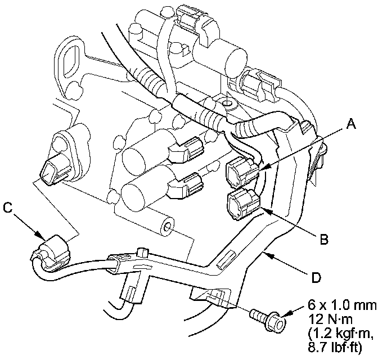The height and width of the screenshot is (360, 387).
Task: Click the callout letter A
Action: pos(351,123)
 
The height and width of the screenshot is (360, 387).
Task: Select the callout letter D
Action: pos(316,277)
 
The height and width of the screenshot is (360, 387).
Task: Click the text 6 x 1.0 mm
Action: pos(342,305)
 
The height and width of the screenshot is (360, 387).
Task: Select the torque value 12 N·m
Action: pos(330,319)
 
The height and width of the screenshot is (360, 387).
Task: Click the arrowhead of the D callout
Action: pos(266,255)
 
